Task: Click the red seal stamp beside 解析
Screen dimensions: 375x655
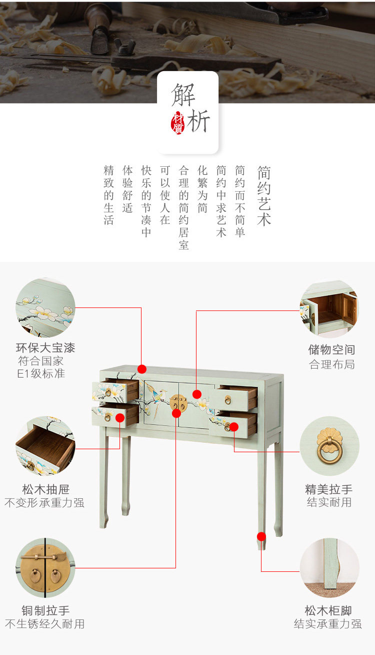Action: (177, 123)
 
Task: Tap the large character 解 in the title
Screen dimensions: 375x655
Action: (183, 95)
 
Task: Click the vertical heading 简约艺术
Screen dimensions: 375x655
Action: (264, 196)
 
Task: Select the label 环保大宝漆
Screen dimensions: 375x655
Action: (45, 348)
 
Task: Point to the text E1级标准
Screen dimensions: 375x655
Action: (41, 374)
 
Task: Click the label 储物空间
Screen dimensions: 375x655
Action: (332, 350)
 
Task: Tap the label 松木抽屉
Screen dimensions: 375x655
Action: (46, 489)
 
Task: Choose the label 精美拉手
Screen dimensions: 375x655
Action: (329, 489)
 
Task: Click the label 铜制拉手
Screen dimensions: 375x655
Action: (45, 610)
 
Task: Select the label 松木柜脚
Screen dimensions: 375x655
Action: (328, 610)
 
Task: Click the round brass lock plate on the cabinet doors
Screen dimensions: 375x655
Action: (178, 403)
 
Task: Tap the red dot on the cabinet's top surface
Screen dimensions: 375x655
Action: (142, 369)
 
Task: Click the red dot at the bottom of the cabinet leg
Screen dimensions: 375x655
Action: (261, 537)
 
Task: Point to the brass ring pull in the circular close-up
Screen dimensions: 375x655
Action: (329, 446)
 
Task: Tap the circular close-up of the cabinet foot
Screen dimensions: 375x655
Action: (329, 568)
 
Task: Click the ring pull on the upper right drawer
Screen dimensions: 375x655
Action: (228, 400)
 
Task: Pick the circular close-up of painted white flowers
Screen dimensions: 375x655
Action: (45, 307)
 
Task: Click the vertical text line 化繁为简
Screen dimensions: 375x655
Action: (202, 189)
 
